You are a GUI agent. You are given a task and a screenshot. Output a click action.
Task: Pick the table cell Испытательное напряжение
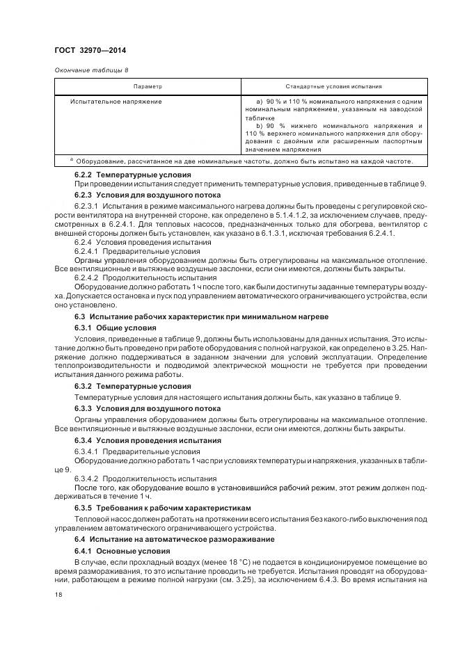[x=116, y=102]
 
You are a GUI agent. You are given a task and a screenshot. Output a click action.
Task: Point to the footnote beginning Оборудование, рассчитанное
[x=244, y=161]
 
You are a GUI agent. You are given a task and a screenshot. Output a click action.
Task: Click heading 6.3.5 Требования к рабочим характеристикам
[x=162, y=508]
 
